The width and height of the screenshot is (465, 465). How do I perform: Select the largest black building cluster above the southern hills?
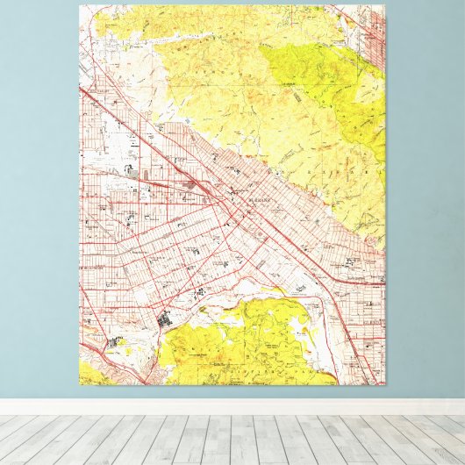[164, 323]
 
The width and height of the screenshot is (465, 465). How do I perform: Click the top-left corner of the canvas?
[80, 6]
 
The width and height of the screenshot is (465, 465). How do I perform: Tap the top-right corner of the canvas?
[384, 6]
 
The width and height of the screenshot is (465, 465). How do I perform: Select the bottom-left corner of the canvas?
[80, 385]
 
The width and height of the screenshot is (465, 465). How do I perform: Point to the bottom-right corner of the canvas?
[384, 385]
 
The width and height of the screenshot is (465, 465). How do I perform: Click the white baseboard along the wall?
[232, 406]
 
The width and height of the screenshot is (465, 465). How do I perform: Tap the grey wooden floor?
[232, 439]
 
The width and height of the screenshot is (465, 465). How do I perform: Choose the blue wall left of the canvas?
[39, 193]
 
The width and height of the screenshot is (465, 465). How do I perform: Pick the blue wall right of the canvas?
[425, 193]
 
